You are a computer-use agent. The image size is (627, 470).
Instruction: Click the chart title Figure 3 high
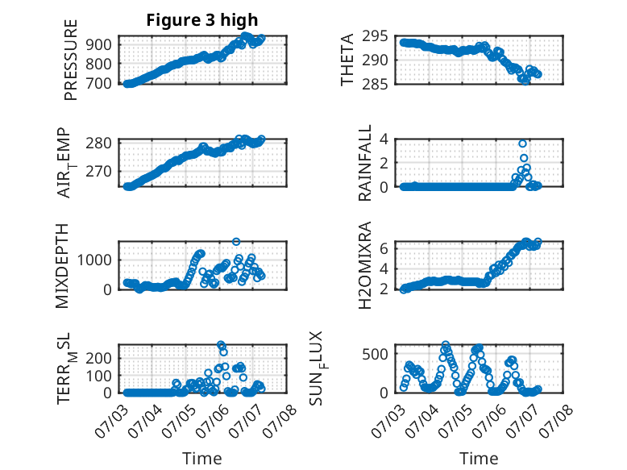[202, 20]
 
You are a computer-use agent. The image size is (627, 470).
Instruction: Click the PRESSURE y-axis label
[70, 60]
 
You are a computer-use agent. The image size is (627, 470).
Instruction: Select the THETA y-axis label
[347, 60]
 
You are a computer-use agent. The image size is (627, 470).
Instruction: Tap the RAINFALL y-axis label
[365, 163]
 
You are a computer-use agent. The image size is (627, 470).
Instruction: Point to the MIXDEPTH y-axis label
[62, 266]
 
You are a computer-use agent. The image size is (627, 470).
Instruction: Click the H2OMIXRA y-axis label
[365, 265]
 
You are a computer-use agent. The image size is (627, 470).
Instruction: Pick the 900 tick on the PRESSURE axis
[98, 44]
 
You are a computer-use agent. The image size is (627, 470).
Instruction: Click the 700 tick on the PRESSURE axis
[98, 84]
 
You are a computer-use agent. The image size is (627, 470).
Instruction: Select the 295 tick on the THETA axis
[375, 36]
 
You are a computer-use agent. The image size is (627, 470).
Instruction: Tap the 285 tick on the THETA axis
[375, 85]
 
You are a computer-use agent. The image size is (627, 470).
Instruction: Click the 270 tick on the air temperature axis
[98, 171]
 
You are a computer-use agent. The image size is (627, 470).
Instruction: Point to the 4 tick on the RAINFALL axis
[384, 139]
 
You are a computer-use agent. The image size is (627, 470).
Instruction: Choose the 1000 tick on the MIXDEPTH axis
[94, 260]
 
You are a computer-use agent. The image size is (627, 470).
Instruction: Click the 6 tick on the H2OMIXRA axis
[384, 248]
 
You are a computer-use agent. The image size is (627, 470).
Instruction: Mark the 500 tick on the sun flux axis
[375, 354]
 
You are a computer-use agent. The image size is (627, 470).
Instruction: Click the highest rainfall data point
[522, 143]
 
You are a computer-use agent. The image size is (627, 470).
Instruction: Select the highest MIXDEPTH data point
[236, 242]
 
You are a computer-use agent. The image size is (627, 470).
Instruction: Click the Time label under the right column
[479, 458]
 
